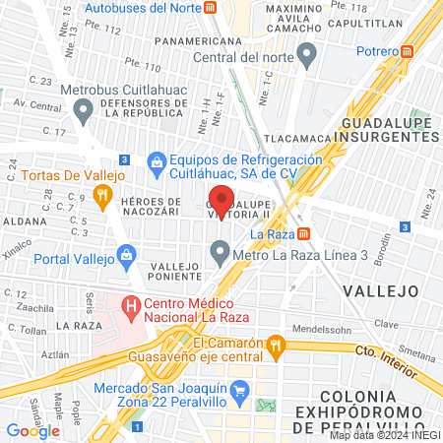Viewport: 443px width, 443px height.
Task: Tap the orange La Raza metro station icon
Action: [304, 234]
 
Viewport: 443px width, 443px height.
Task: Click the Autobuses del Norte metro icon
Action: [211, 7]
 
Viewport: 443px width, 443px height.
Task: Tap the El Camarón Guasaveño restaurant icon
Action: [277, 345]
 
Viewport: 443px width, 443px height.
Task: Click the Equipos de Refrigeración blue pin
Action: [156, 160]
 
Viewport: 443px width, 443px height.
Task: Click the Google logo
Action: [32, 430]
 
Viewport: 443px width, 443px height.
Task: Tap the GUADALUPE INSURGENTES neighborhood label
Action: [390, 131]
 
